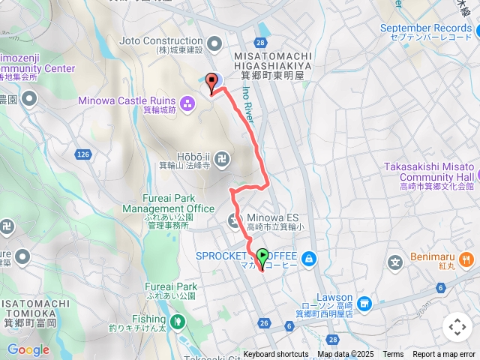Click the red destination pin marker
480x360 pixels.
(x=211, y=82)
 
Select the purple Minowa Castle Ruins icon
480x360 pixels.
(x=185, y=101)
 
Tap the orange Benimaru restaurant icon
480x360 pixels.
(x=466, y=260)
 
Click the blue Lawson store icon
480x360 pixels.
(x=364, y=304)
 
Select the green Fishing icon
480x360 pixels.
(x=178, y=322)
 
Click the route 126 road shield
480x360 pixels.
(x=82, y=154)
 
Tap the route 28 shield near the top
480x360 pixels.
(x=260, y=43)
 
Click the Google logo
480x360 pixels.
(x=28, y=349)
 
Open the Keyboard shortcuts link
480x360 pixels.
(x=275, y=355)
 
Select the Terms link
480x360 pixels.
(x=393, y=355)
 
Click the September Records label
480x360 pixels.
(x=425, y=28)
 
